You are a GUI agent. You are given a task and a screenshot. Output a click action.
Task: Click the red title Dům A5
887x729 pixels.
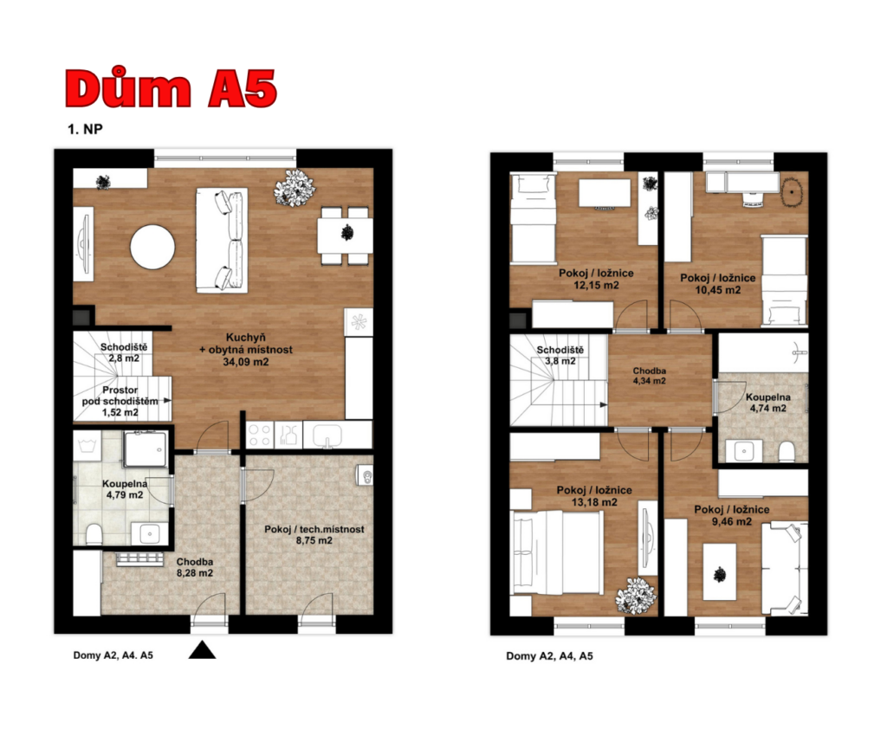click(171, 88)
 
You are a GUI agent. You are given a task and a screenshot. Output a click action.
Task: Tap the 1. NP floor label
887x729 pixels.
click(85, 129)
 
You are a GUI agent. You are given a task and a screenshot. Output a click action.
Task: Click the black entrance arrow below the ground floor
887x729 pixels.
click(202, 650)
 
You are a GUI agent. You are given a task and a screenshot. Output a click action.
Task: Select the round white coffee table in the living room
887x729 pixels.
click(152, 247)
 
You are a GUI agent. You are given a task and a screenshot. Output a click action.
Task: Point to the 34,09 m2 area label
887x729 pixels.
click(245, 362)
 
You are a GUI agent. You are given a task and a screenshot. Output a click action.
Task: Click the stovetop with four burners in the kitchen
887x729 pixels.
click(260, 435)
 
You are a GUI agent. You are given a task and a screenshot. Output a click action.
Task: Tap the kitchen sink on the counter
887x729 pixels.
click(327, 435)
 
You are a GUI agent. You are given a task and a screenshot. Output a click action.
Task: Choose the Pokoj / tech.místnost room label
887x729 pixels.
click(314, 529)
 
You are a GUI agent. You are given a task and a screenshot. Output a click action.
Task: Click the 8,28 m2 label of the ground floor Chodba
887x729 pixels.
click(195, 573)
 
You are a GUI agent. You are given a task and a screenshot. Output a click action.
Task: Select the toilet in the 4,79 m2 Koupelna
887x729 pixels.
click(94, 534)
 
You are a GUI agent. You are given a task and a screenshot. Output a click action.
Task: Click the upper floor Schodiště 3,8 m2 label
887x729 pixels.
click(560, 356)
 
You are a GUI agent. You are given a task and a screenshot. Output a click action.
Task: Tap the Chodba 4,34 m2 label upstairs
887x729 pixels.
click(650, 376)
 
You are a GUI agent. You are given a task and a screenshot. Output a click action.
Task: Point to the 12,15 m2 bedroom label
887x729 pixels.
click(596, 285)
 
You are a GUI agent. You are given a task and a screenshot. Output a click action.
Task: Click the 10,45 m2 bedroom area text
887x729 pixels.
click(718, 290)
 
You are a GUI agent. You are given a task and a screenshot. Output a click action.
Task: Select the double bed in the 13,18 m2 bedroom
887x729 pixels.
click(556, 552)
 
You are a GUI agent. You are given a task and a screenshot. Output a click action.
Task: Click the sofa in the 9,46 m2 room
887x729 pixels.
click(785, 568)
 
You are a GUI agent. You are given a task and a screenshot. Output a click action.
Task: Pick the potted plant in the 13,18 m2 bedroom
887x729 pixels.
click(637, 595)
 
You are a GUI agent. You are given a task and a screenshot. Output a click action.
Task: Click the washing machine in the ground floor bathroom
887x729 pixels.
click(87, 445)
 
